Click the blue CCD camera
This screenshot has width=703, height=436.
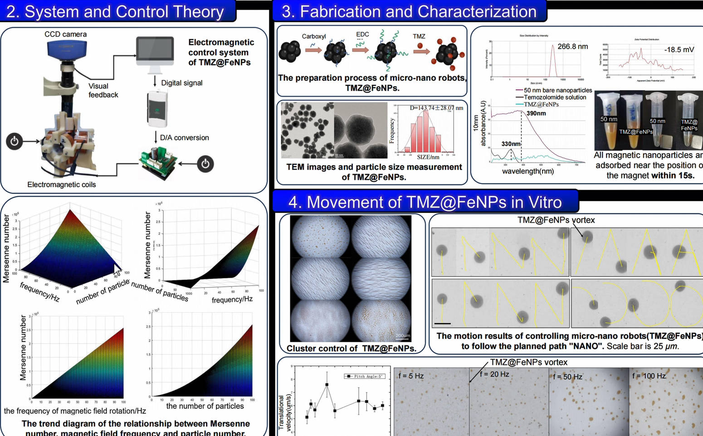pyautogui.click(x=67, y=49)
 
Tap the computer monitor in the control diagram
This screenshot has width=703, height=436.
pyautogui.click(x=155, y=51)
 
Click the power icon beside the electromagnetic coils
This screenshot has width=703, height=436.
pyautogui.click(x=15, y=141)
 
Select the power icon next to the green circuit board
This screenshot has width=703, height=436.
pyautogui.click(x=205, y=163)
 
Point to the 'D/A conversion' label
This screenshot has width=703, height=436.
pyautogui.click(x=185, y=138)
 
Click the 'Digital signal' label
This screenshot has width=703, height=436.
pyautogui.click(x=181, y=83)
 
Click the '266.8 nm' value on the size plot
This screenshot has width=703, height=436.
pyautogui.click(x=572, y=47)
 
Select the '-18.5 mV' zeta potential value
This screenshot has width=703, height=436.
pyautogui.click(x=679, y=50)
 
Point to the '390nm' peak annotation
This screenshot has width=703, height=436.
pyautogui.click(x=536, y=113)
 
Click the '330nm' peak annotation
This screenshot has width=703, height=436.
pyautogui.click(x=511, y=144)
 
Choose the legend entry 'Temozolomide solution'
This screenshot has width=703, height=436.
pyautogui.click(x=555, y=97)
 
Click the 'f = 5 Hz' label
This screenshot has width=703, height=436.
pyautogui.click(x=411, y=376)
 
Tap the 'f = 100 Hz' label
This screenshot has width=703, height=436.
pyautogui.click(x=649, y=376)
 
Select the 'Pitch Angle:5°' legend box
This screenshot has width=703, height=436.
pyautogui.click(x=365, y=376)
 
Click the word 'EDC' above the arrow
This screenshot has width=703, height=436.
pyautogui.click(x=362, y=34)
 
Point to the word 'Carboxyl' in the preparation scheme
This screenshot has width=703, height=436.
pyautogui.click(x=314, y=36)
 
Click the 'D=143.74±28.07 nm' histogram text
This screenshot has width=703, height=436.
pyautogui.click(x=436, y=108)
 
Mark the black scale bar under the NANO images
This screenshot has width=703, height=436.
pyautogui.click(x=442, y=324)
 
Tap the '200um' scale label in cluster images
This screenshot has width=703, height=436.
pyautogui.click(x=402, y=336)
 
